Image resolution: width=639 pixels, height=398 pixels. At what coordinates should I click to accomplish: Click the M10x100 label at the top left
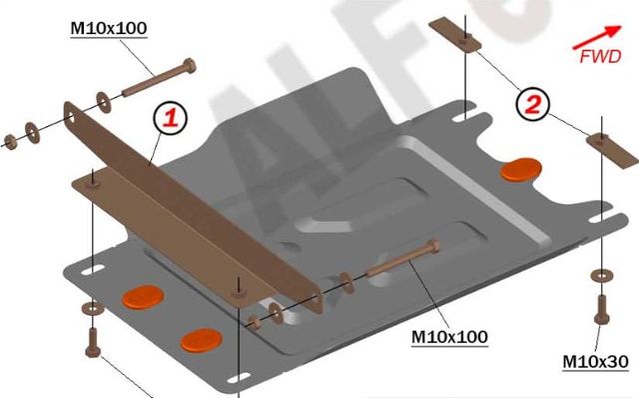[108, 29]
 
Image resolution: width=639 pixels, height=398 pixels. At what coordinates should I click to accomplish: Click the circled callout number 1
[170, 118]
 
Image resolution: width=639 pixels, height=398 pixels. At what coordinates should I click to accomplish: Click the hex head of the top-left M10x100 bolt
[188, 69]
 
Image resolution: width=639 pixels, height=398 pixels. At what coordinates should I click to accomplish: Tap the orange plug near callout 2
[521, 169]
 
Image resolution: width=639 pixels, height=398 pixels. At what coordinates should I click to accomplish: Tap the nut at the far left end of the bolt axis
[12, 139]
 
